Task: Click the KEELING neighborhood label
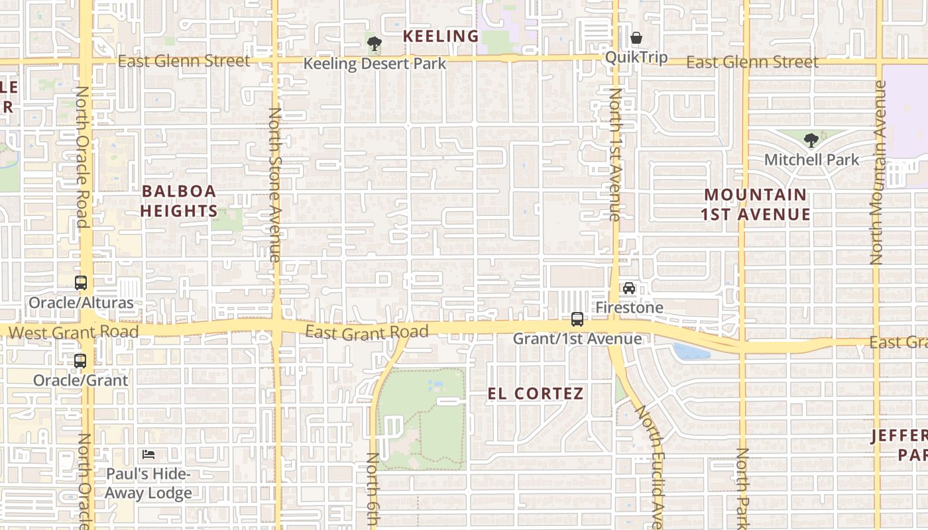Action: (441, 36)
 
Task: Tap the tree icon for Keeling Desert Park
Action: (375, 44)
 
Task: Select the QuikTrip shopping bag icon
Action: (636, 38)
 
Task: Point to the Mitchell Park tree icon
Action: (811, 140)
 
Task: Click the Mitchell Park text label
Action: (811, 160)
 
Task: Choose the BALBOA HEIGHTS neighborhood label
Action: (179, 201)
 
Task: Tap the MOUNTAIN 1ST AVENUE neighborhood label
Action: (756, 205)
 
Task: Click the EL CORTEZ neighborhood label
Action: (536, 394)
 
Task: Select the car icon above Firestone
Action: (629, 288)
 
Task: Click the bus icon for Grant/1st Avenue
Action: (577, 319)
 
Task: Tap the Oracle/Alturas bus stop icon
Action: (80, 283)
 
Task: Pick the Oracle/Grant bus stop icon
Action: (80, 361)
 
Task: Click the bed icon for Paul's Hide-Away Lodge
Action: (148, 454)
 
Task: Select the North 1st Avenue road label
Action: (614, 154)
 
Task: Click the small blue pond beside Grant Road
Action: (691, 351)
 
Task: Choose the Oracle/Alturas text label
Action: (81, 303)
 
